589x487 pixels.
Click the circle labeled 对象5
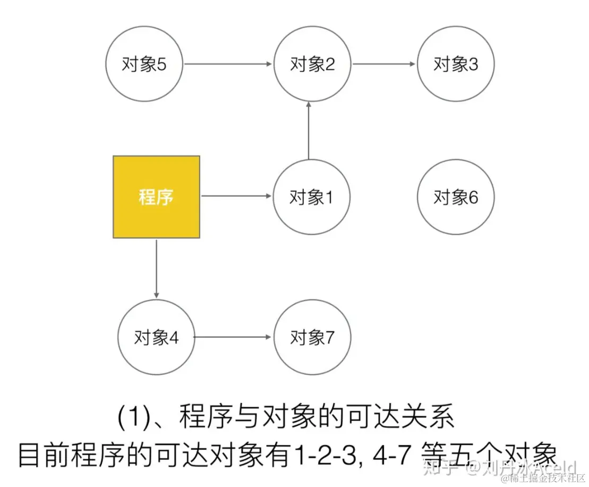point(144,64)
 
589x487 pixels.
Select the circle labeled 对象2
point(312,64)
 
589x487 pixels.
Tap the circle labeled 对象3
point(456,64)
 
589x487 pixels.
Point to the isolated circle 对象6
point(456,197)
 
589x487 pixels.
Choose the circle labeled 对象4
point(156,337)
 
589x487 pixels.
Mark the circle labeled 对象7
point(312,337)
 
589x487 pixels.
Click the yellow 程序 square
point(156,197)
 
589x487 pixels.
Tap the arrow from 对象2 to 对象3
point(384,64)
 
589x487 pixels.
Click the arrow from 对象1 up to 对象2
point(309,131)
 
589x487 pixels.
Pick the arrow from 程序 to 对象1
point(236,196)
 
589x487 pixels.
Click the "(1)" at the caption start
point(132,418)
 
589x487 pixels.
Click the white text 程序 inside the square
point(156,197)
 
